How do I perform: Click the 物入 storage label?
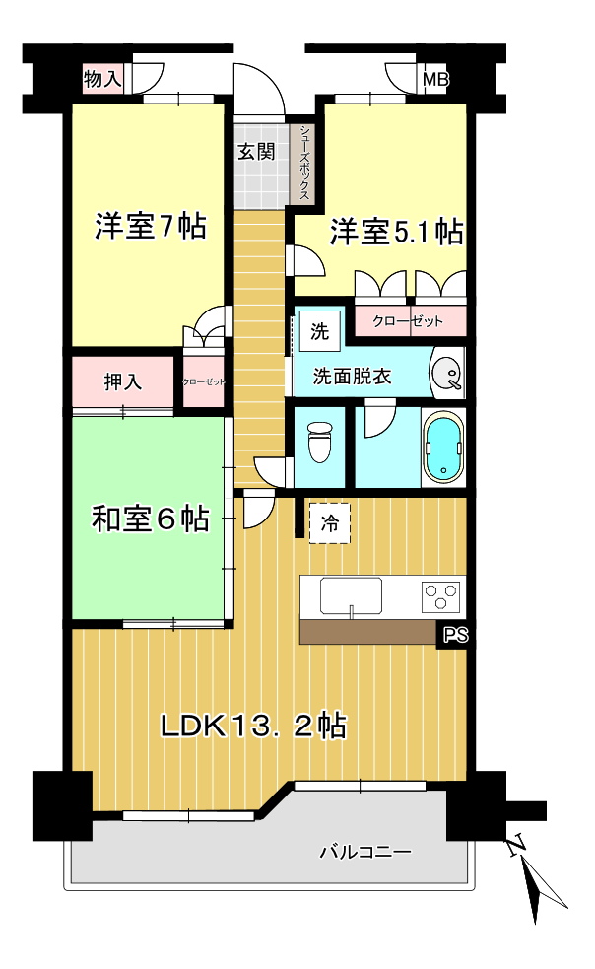click(x=102, y=79)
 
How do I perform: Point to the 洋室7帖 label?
click(x=150, y=227)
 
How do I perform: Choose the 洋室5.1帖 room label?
click(x=396, y=232)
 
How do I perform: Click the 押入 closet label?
click(x=123, y=381)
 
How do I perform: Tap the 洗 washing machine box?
click(x=319, y=331)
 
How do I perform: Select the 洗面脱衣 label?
click(x=352, y=376)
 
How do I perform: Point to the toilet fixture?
click(x=320, y=443)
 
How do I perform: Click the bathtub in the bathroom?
click(x=442, y=447)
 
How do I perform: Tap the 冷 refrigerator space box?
click(x=330, y=523)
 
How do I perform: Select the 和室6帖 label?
click(x=150, y=519)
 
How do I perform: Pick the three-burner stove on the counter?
click(x=440, y=596)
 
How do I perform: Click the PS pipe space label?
click(x=453, y=636)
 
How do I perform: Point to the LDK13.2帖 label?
click(x=253, y=727)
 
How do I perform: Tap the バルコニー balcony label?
click(x=364, y=852)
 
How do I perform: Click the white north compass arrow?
click(x=542, y=881)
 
